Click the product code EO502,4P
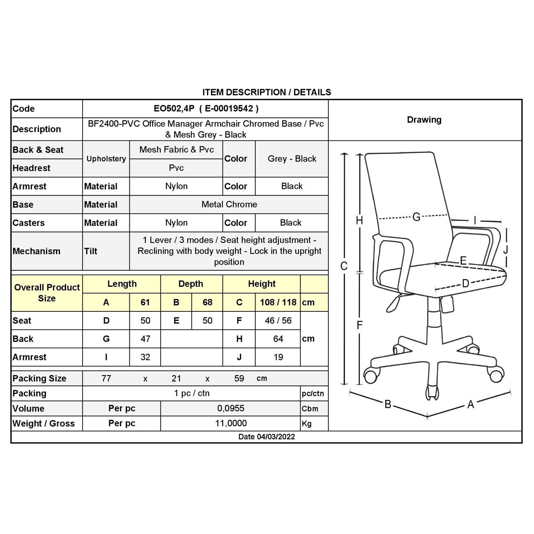click(174, 109)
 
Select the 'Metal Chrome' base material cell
click(229, 205)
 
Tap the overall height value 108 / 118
click(278, 302)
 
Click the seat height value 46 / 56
click(278, 320)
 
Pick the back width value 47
click(145, 339)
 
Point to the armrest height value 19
click(278, 357)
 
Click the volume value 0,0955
click(231, 408)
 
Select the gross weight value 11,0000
click(231, 423)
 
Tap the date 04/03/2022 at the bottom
click(276, 437)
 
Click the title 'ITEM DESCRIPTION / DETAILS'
click(267, 92)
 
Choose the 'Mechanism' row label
click(37, 251)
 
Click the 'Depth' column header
click(191, 284)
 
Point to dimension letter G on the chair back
click(416, 217)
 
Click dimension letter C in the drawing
click(344, 266)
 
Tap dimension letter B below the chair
click(388, 404)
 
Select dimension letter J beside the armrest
click(506, 249)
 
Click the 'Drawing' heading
click(424, 120)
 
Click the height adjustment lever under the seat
click(393, 303)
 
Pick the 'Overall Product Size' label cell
click(47, 293)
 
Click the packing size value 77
click(106, 378)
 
